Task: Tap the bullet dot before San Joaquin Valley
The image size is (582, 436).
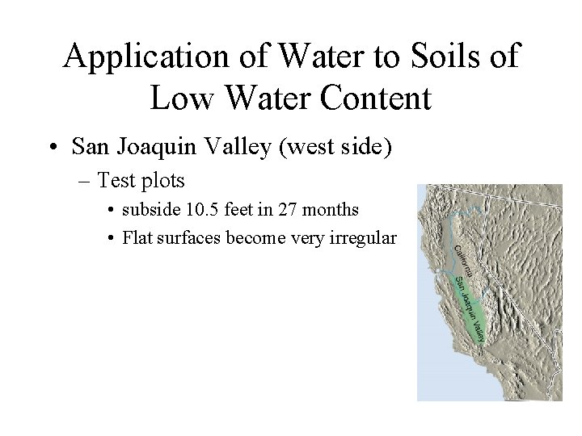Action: [x=53, y=148]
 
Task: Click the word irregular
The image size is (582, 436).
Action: [x=365, y=239]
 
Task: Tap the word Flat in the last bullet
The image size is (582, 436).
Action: [x=135, y=239]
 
